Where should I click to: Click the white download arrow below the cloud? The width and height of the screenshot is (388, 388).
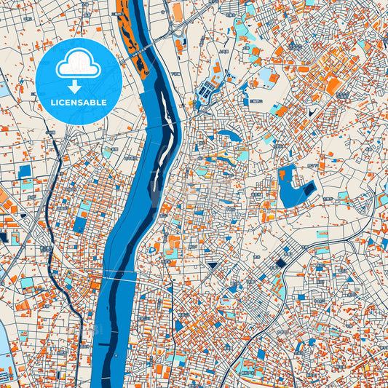(x=76, y=87)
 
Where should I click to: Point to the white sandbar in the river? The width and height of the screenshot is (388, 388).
(x=167, y=145)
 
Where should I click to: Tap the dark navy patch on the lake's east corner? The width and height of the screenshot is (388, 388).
(x=309, y=189)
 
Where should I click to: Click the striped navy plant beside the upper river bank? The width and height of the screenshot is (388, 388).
(x=207, y=91)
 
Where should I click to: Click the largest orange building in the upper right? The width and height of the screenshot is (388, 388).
(x=333, y=86)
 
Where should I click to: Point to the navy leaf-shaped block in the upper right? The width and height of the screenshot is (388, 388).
(x=314, y=113)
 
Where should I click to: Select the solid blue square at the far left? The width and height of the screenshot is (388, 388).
(x=25, y=171)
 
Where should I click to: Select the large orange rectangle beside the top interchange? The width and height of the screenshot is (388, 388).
(x=177, y=12)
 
